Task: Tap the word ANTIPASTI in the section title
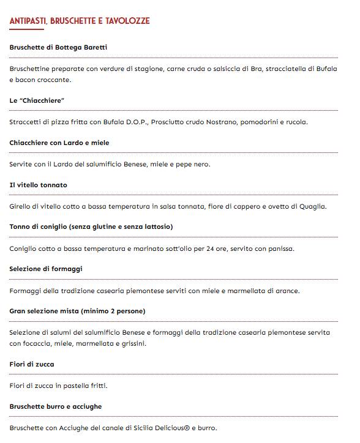pyautogui.click(x=28, y=21)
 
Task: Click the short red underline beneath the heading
pyautogui.click(x=26, y=30)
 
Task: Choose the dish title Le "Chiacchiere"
pyautogui.click(x=37, y=100)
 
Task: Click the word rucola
pyautogui.click(x=295, y=122)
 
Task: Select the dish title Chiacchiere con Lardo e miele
pyautogui.click(x=59, y=143)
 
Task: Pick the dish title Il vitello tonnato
pyautogui.click(x=39, y=185)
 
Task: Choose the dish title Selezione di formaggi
pyautogui.click(x=46, y=269)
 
